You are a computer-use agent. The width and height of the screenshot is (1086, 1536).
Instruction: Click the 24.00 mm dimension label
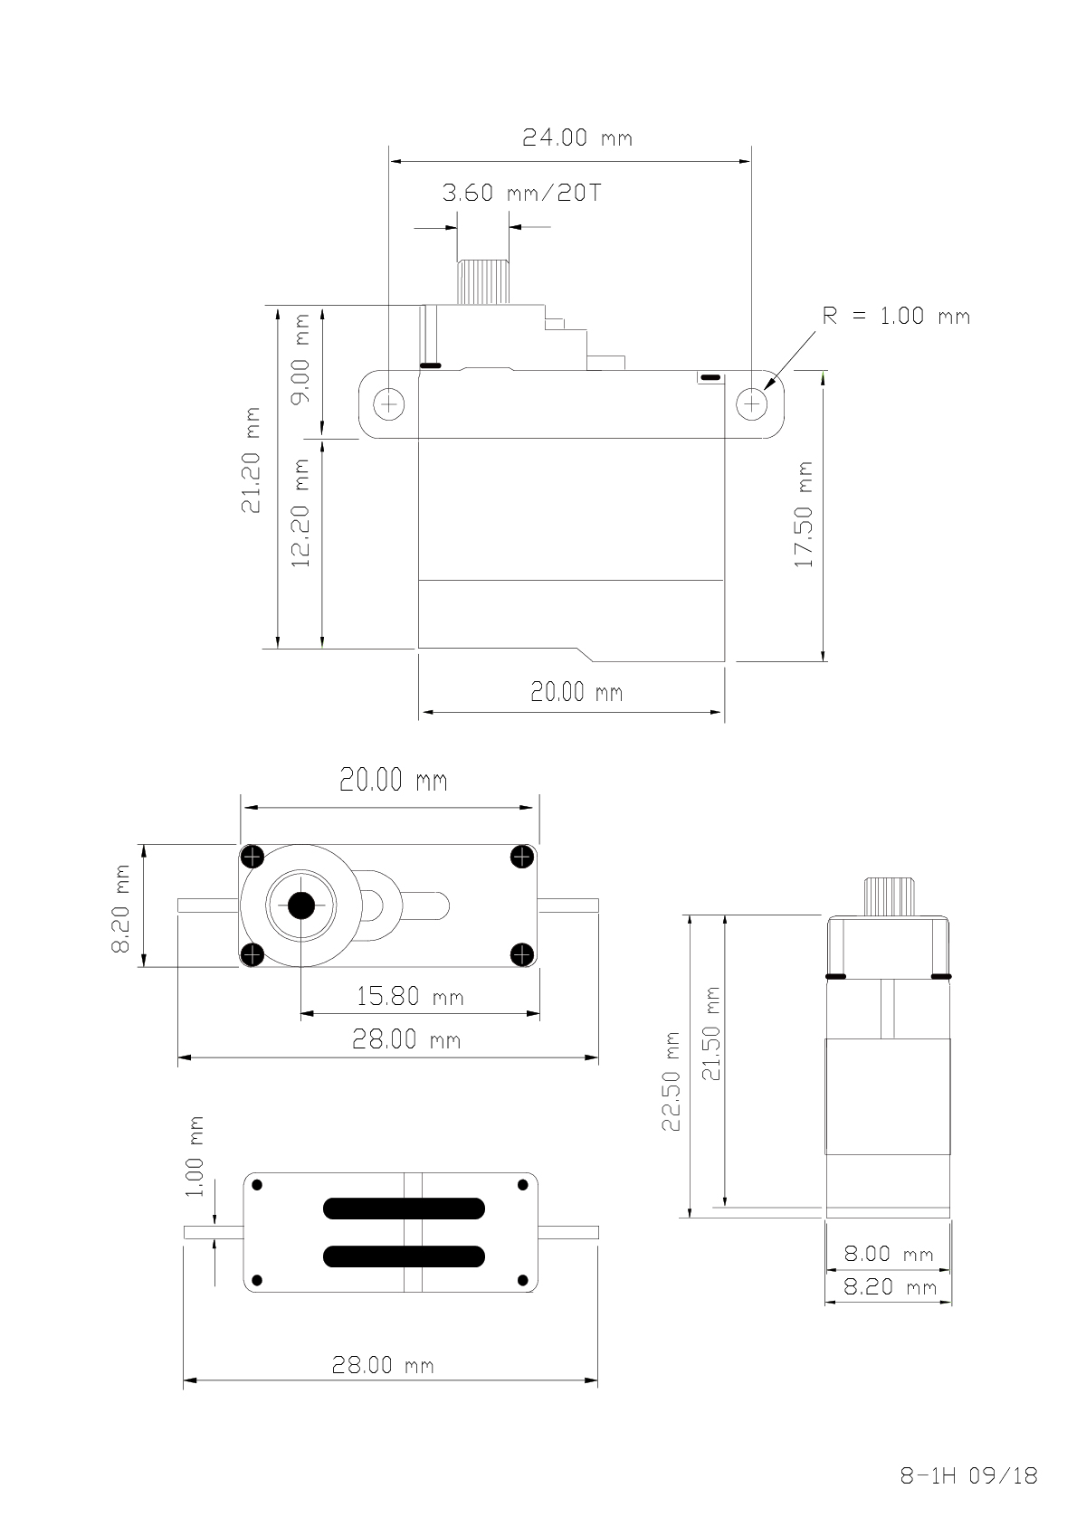coord(577,137)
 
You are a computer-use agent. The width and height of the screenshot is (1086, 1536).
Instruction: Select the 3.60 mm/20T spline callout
coord(521,193)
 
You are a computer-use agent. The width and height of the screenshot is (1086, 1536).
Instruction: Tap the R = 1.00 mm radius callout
coord(896,316)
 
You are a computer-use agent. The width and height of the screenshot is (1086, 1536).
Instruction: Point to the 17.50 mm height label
coord(804,515)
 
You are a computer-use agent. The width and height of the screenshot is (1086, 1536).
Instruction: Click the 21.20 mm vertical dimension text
coord(251,460)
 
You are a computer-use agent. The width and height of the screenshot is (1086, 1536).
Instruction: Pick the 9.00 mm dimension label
coord(300,359)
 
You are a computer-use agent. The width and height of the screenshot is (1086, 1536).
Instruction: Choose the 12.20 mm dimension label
coord(300,513)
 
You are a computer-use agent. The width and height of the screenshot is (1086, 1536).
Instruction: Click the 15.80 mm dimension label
coord(410,996)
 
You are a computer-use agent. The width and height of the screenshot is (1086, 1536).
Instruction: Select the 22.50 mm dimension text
coord(671,1081)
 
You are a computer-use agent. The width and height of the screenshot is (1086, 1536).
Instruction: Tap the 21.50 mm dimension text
coord(711,1034)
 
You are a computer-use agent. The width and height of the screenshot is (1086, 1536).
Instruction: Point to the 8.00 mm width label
coord(889,1254)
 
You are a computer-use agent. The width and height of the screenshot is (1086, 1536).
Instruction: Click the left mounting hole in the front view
coord(389,403)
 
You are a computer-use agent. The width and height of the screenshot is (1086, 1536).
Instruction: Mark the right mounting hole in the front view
coord(752,403)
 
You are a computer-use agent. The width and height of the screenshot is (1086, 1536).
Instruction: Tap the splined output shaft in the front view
coord(483,282)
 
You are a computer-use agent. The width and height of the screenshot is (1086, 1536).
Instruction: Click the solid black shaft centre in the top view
coord(300,905)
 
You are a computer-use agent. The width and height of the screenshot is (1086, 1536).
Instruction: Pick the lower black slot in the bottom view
coord(404,1256)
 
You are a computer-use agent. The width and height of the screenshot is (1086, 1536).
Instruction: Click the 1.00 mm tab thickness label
coord(195,1157)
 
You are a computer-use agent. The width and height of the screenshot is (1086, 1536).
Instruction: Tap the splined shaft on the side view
coord(889,896)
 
